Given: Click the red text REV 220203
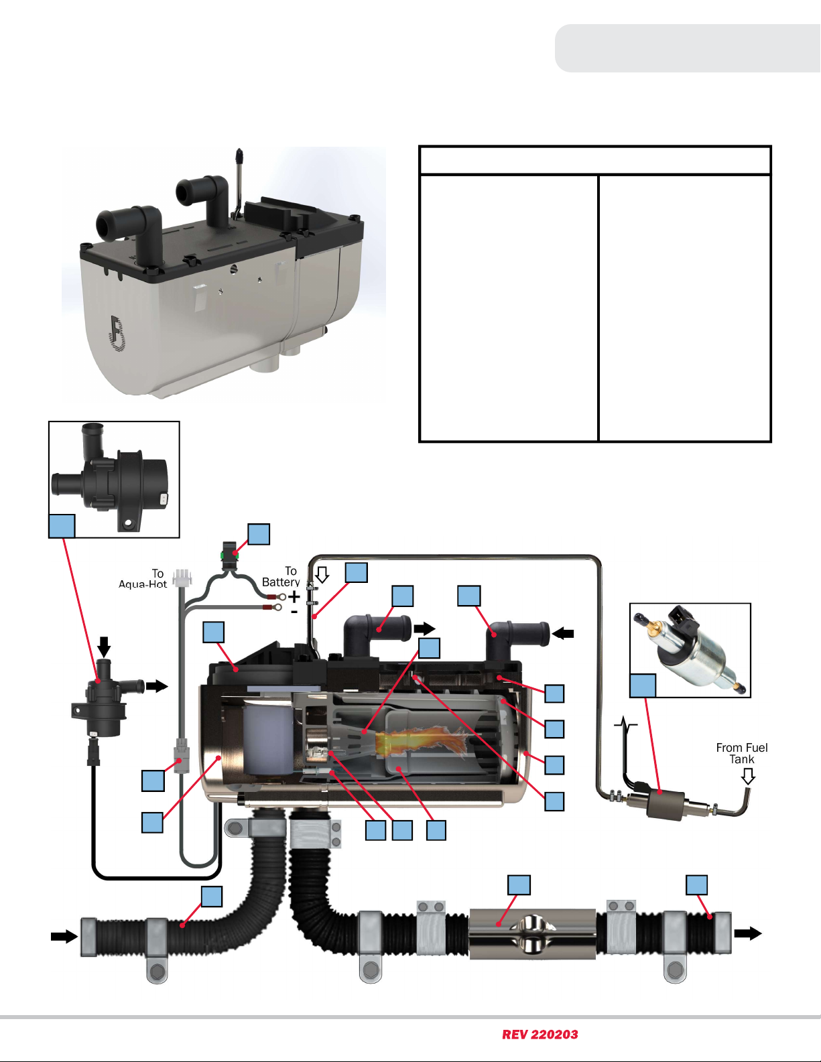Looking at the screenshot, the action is [x=540, y=1035].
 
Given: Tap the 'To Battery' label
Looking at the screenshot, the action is [x=281, y=577].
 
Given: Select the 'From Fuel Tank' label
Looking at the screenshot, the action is [x=742, y=754].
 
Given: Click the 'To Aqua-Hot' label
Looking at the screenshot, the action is [x=143, y=579].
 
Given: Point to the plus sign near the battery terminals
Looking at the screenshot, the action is [x=294, y=597].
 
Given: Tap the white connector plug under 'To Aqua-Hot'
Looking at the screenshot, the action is [x=182, y=577].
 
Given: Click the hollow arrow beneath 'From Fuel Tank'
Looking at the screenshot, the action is [x=748, y=776].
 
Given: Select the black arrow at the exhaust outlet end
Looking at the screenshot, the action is [x=748, y=933].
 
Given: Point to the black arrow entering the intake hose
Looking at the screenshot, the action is [x=64, y=937].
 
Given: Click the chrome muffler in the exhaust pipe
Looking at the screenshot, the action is [x=532, y=933].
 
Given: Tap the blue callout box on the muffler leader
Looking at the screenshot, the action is [x=519, y=885].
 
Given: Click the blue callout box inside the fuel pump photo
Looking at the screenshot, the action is [x=643, y=685].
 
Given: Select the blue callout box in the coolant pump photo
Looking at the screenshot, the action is [x=62, y=526].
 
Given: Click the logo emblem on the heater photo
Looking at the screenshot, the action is [x=117, y=333].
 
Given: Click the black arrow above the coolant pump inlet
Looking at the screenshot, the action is [x=104, y=647].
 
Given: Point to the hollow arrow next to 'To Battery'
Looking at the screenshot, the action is [x=322, y=574].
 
